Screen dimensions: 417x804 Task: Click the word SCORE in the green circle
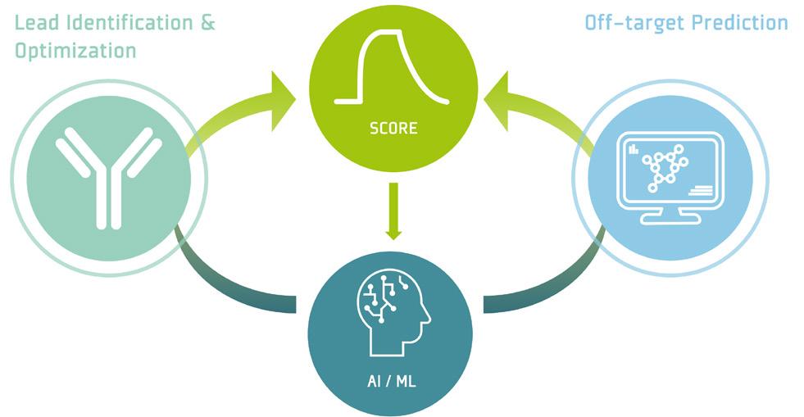(393, 129)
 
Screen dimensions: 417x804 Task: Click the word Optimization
(75, 50)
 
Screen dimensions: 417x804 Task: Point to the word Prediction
(740, 22)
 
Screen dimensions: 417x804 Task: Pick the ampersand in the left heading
(207, 23)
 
